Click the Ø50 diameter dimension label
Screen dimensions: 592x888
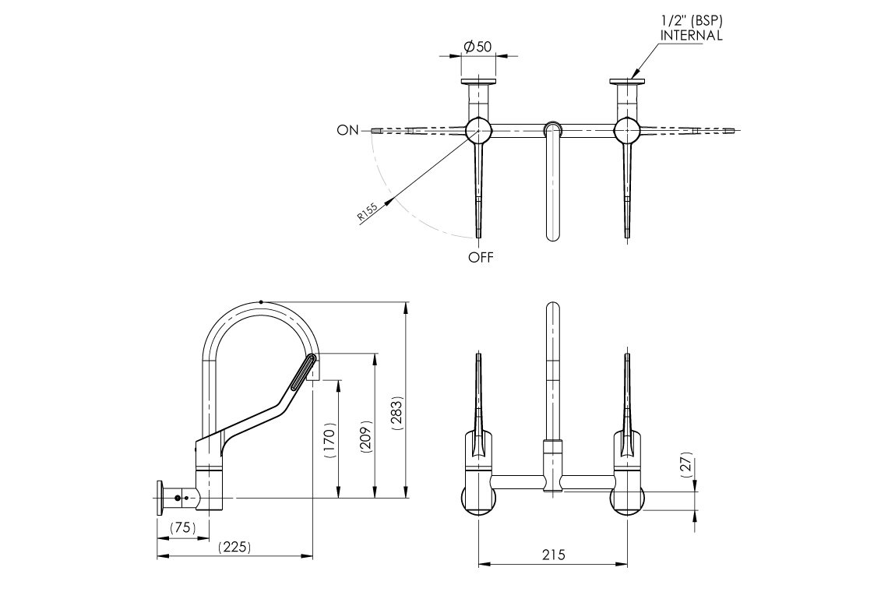click(x=478, y=47)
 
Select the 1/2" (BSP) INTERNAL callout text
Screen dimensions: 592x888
click(x=691, y=29)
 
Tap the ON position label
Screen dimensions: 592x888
click(x=347, y=130)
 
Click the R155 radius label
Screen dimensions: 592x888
click(x=368, y=213)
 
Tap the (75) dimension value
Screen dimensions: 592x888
click(x=183, y=527)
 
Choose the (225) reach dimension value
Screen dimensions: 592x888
click(x=234, y=547)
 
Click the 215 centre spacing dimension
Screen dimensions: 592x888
click(x=552, y=555)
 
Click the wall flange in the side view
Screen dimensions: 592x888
click(x=160, y=497)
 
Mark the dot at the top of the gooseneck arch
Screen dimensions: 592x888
click(x=260, y=301)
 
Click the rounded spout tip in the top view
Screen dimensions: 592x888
click(x=552, y=234)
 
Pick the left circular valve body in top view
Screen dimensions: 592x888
click(x=477, y=130)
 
